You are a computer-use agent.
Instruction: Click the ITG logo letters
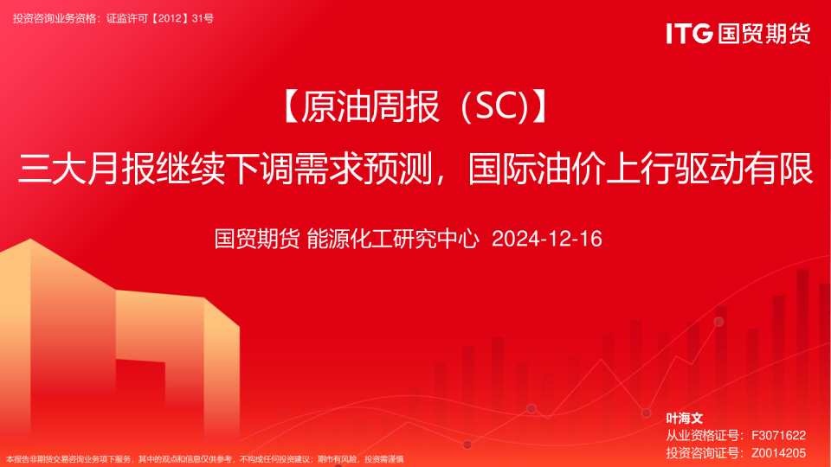pyautogui.click(x=689, y=34)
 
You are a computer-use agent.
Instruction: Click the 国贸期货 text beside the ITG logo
pyautogui.click(x=764, y=34)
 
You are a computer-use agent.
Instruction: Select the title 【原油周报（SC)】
pyautogui.click(x=415, y=106)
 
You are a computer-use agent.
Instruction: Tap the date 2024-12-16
pyautogui.click(x=547, y=239)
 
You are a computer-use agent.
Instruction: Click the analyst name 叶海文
pyautogui.click(x=684, y=419)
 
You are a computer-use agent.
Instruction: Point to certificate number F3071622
pyautogui.click(x=778, y=435)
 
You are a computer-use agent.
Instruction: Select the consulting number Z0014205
pyautogui.click(x=778, y=453)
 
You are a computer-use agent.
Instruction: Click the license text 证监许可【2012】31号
pyautogui.click(x=160, y=18)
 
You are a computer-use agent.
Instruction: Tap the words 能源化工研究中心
pyautogui.click(x=393, y=239)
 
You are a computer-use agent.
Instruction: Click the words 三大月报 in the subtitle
pyautogui.click(x=87, y=169)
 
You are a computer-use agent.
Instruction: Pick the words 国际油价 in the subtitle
pyautogui.click(x=537, y=169)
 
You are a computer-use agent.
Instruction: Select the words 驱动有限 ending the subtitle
pyautogui.click(x=744, y=169)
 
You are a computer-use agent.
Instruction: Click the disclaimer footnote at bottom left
pyautogui.click(x=205, y=459)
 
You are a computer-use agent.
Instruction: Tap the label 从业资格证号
pyautogui.click(x=702, y=435)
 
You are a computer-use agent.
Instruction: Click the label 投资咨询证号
pyautogui.click(x=702, y=453)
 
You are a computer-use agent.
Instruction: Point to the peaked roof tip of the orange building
pyautogui.click(x=30, y=240)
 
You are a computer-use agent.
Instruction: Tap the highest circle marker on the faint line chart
pyautogui.click(x=718, y=322)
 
